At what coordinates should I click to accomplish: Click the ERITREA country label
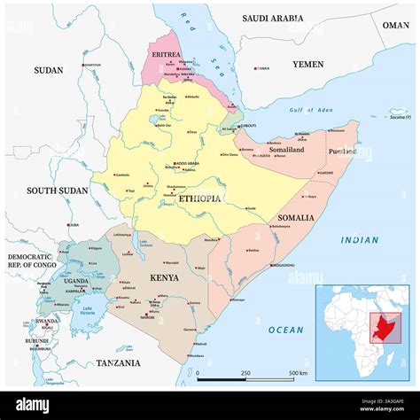point(165,54)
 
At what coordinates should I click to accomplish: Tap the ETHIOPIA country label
point(199,199)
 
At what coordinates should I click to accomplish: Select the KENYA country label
point(164,277)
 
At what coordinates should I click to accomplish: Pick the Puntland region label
point(343,152)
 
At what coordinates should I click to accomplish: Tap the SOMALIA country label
point(295,217)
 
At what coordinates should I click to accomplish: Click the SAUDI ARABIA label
point(272,18)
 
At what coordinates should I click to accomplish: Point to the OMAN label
point(395,26)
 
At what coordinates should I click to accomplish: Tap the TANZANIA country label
point(118,362)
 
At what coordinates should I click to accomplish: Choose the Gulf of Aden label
point(308,109)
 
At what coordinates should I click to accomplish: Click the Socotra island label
point(400,116)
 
